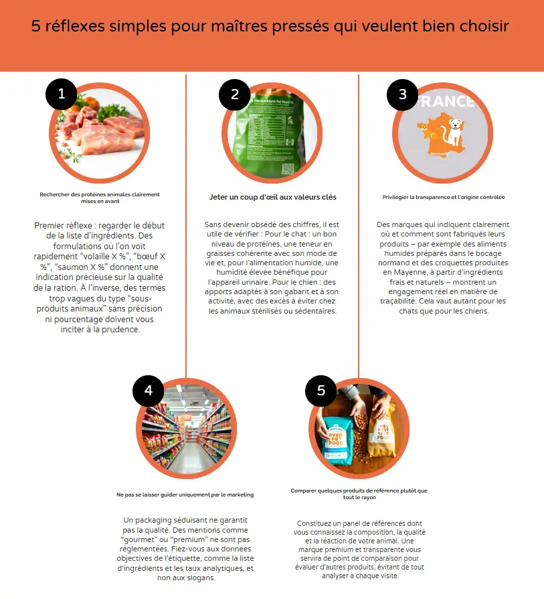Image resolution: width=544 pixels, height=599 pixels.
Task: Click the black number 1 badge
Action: pyautogui.click(x=62, y=94)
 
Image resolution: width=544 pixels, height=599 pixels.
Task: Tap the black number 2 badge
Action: pyautogui.click(x=235, y=94)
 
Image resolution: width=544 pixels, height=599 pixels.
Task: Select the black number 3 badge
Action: pyautogui.click(x=403, y=94)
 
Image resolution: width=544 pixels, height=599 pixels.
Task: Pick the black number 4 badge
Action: pyautogui.click(x=149, y=391)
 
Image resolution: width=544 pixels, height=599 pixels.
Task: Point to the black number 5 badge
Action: pyautogui.click(x=321, y=391)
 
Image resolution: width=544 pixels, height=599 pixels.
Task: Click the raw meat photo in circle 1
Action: pyautogui.click(x=100, y=131)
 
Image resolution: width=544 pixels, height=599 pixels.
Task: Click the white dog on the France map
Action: pyautogui.click(x=455, y=131)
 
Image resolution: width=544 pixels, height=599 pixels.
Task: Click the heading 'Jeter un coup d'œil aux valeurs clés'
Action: pyautogui.click(x=272, y=198)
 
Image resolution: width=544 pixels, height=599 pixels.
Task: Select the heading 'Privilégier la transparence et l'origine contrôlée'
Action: pyautogui.click(x=444, y=198)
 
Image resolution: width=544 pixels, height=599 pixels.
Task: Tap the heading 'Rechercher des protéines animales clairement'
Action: pyautogui.click(x=100, y=194)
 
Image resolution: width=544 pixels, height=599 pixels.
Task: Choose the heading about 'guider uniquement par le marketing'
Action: pyautogui.click(x=185, y=494)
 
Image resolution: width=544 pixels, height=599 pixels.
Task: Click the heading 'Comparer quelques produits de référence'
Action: pyautogui.click(x=359, y=490)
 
